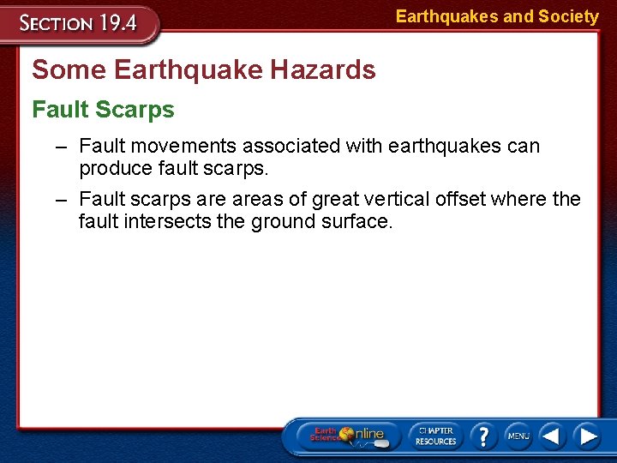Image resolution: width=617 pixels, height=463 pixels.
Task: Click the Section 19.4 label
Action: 80,23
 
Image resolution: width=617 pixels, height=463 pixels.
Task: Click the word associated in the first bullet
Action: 290,147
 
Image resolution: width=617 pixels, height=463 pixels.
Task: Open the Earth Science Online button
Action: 348,435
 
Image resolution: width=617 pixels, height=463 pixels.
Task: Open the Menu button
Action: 518,436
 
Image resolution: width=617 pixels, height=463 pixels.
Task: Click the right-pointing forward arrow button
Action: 587,436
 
